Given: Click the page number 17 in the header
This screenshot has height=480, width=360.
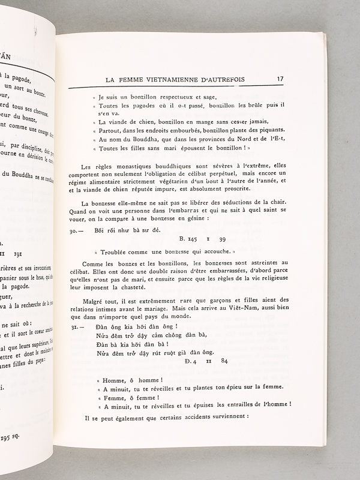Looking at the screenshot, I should coord(280,79).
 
